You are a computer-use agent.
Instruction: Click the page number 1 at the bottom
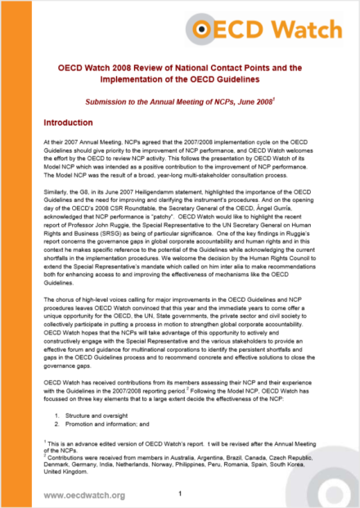click(179, 494)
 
